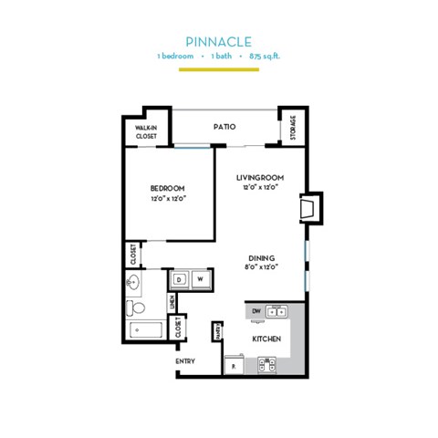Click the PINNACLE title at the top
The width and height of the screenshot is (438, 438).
click(218, 41)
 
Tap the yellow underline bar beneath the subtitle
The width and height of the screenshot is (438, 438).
click(218, 69)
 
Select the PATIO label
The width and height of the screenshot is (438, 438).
click(224, 127)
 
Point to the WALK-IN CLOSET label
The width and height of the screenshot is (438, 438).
click(146, 131)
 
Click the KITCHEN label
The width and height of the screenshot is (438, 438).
click(266, 339)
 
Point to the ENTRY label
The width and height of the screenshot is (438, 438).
click(185, 360)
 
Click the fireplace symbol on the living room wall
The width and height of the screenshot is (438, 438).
click(311, 205)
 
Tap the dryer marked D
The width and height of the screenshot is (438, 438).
click(180, 278)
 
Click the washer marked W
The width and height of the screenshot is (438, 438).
click(202, 278)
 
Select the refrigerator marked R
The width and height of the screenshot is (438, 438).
click(235, 364)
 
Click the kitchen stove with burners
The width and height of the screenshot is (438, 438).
click(267, 364)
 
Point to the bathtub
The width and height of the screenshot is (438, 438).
click(147, 329)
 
